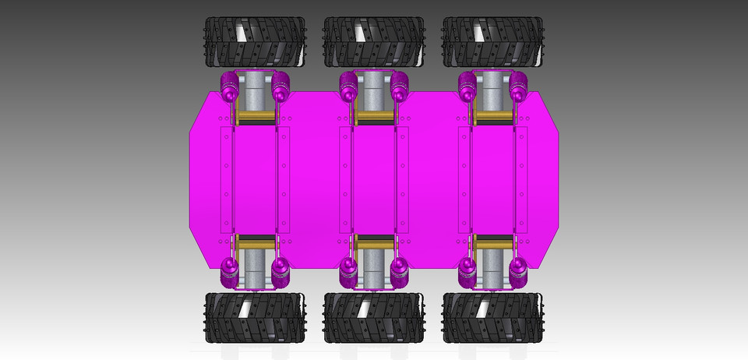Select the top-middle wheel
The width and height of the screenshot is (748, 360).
point(373,42)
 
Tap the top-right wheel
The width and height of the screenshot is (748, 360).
point(492,42)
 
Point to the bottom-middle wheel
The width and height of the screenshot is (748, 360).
point(373,318)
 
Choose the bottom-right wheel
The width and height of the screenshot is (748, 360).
point(492,318)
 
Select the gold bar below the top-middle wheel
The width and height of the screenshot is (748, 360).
point(374,118)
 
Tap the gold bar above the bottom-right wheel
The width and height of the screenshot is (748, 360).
point(493,242)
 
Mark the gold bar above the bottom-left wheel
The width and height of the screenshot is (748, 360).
point(255,242)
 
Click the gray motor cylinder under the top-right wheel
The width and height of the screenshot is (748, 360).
point(493,92)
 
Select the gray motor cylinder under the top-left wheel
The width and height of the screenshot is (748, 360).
point(255,92)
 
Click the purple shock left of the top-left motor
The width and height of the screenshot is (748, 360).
point(230,86)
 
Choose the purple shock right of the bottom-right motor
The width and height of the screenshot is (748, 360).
point(519,271)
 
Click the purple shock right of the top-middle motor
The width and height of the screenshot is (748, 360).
point(399,86)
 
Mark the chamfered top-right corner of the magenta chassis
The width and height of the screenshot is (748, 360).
point(549,109)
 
